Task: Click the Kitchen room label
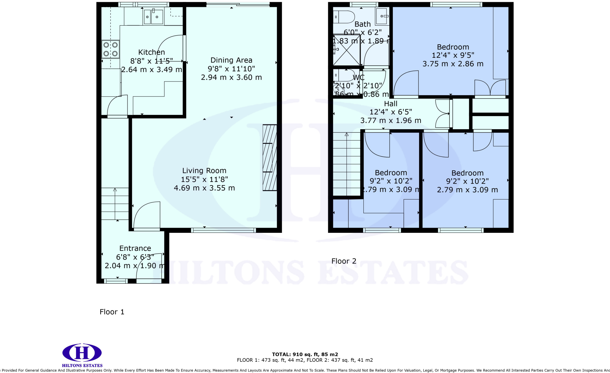coord(151,52)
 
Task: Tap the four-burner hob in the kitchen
coord(111,49)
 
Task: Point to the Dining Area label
coord(231,60)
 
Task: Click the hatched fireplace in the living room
coord(270,157)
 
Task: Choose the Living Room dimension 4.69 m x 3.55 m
coord(204,188)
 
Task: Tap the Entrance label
coord(135,249)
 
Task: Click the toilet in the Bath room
coord(344,17)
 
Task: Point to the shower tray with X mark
coord(346,50)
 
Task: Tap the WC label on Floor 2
coord(359,78)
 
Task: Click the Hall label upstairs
coord(390,104)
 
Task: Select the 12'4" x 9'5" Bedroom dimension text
coord(453,55)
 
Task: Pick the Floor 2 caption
coord(344,261)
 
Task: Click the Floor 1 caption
coord(112,312)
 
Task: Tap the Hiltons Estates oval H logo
coord(82,353)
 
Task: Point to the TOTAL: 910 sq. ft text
coord(305,355)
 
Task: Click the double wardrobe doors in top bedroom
coord(490,88)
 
